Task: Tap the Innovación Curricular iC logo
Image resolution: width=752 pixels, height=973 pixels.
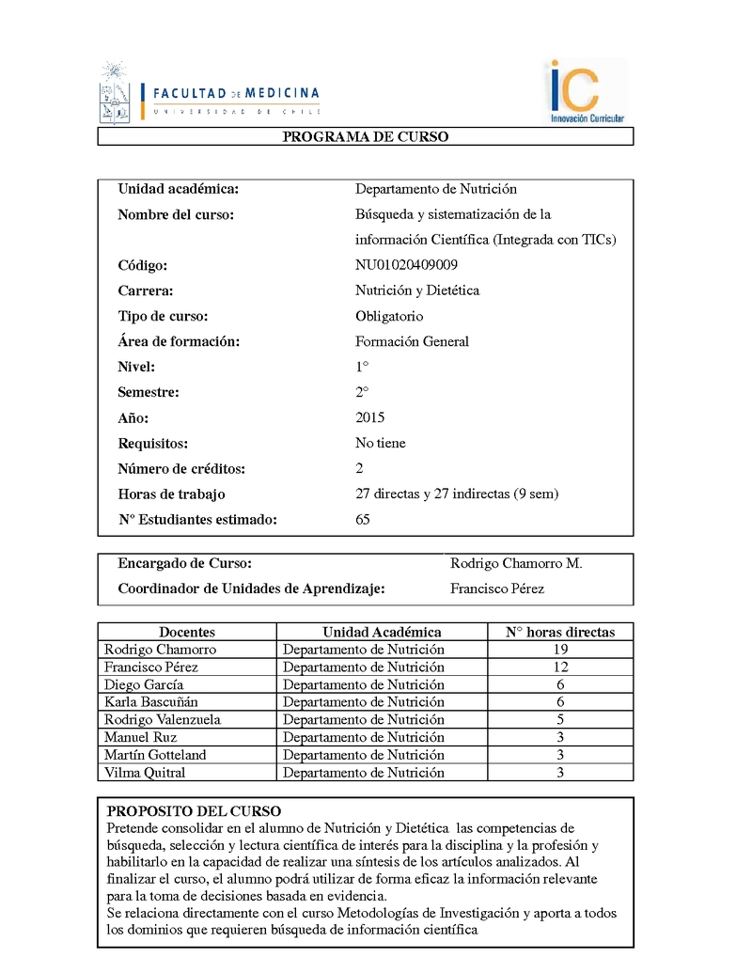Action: [x=586, y=91]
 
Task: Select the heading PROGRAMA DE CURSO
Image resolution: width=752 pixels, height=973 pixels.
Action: [x=366, y=137]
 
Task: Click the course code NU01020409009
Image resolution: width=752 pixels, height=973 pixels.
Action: [x=406, y=265]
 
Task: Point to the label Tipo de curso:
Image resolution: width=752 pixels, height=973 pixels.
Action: [x=163, y=316]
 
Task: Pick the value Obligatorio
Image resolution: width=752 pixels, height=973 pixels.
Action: [x=389, y=316]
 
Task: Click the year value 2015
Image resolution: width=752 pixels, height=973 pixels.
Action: [x=370, y=417]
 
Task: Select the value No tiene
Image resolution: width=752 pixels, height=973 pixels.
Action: [x=381, y=443]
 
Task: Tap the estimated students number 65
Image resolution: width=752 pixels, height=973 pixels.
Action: [x=363, y=519]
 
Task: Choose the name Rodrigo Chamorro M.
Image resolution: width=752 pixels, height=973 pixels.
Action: [x=516, y=563]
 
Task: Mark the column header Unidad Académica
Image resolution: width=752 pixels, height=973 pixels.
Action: [x=382, y=632]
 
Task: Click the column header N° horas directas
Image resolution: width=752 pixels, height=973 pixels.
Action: [x=559, y=632]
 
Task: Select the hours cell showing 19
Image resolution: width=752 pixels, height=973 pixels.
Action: [x=560, y=650]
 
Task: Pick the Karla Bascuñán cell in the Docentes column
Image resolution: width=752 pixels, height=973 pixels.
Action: [x=151, y=702]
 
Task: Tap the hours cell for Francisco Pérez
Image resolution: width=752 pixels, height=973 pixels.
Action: [x=560, y=667]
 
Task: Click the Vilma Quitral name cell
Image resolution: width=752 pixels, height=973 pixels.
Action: [x=145, y=773]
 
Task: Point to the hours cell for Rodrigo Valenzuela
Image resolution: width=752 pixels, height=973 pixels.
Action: [x=560, y=720]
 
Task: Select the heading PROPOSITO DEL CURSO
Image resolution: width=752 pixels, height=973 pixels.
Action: [x=194, y=810]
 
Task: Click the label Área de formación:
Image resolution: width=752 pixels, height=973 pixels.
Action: [x=179, y=341]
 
